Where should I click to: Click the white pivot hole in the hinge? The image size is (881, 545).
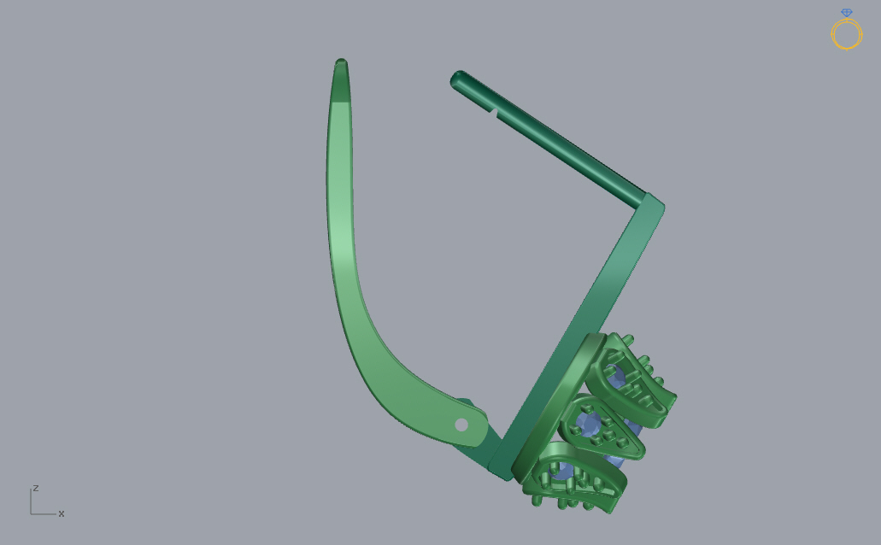[x=461, y=425]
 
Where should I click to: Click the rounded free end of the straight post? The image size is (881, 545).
[x=457, y=79]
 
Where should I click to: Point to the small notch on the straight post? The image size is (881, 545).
[x=493, y=114]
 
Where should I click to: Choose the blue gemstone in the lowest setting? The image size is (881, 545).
[x=562, y=470]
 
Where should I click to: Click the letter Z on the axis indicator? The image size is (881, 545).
[x=35, y=488]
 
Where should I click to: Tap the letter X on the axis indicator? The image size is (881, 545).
[x=62, y=513]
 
